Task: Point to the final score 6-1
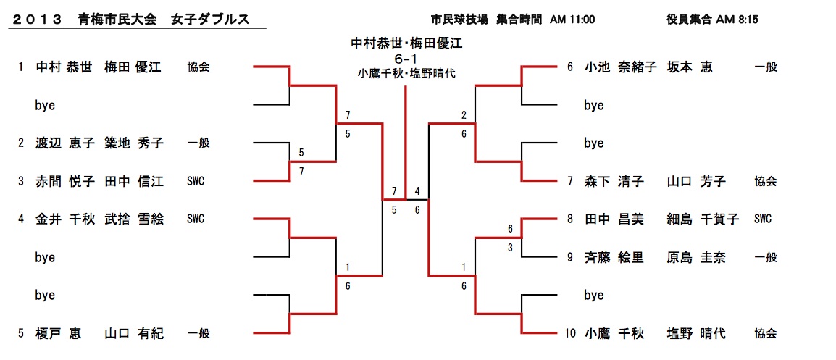pos(405,57)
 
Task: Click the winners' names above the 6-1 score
pos(406,43)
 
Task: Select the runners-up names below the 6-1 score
pos(406,72)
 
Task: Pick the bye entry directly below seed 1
pos(45,105)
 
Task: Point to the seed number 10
pos(570,333)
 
